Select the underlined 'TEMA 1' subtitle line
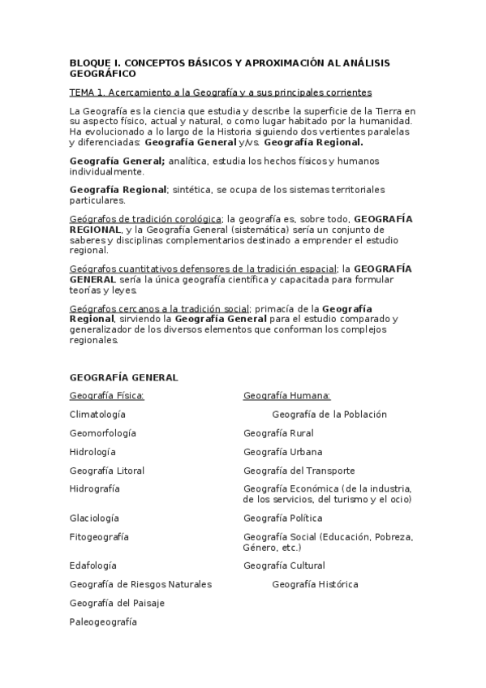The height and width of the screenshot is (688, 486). (221, 92)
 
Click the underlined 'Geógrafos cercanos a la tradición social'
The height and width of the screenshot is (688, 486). (160, 308)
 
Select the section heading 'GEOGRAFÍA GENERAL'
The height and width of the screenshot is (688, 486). (123, 377)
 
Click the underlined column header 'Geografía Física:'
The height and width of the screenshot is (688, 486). (106, 396)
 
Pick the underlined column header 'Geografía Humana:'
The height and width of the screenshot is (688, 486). (286, 396)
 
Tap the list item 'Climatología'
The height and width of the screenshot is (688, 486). (97, 415)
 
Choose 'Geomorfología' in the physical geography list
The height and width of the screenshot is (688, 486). (103, 433)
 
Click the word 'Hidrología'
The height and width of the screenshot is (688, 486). (92, 452)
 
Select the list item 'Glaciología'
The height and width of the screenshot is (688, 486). (94, 518)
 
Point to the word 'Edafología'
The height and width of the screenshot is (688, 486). (92, 565)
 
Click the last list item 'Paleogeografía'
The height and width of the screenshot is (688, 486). (103, 622)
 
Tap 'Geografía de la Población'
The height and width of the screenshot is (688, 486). (329, 415)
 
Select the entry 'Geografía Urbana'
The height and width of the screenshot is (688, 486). (282, 452)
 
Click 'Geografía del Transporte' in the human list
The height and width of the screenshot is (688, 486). (299, 471)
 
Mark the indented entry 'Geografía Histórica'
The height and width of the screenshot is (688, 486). (315, 584)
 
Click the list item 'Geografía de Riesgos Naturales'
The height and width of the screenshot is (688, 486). (140, 584)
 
